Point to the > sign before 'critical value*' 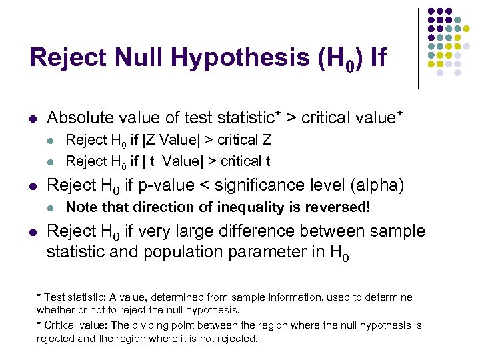coord(291,119)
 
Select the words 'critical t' coord(245,161)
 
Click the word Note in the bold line coord(81,207)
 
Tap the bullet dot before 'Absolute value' coord(33,119)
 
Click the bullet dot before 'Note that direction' coord(53,207)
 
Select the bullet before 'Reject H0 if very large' coord(33,231)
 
